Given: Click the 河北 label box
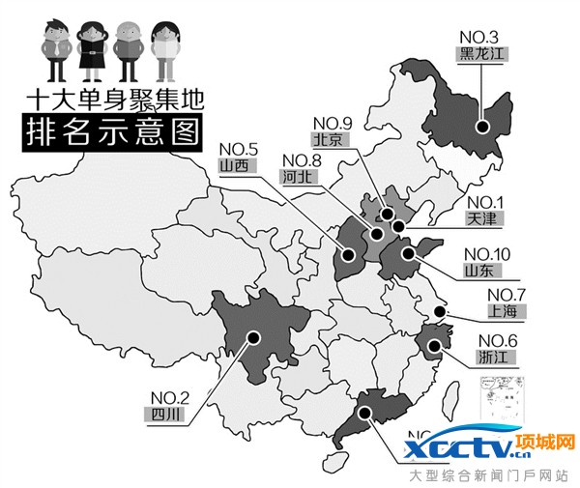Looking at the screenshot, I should pos(296,179).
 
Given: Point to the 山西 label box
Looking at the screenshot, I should pos(235,165).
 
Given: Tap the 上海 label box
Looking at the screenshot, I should pos(505,311).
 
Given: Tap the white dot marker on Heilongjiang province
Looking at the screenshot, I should pos(480,124).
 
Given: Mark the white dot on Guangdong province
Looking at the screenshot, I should pos(365,414).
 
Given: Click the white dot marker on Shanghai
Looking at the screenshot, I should pos(440,311).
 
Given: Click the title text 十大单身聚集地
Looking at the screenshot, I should pos(115,100).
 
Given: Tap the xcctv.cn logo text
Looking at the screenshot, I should pos(468,450).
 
